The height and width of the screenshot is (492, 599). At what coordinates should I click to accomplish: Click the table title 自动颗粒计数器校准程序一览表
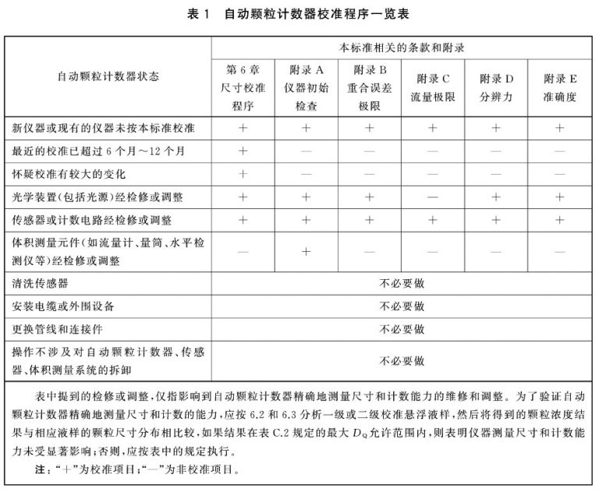(315, 13)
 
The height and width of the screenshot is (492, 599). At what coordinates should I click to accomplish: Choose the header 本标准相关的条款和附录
(402, 48)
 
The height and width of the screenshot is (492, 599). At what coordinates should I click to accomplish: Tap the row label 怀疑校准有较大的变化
(69, 173)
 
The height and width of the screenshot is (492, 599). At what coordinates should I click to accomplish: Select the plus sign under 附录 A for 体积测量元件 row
(307, 251)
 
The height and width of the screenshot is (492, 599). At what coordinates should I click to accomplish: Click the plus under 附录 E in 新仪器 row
(559, 126)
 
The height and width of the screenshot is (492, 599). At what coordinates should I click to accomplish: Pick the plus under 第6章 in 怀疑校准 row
(243, 173)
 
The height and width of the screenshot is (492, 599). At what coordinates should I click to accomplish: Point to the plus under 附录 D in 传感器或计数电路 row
(496, 220)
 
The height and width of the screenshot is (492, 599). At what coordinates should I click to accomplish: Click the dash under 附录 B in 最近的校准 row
(369, 150)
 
